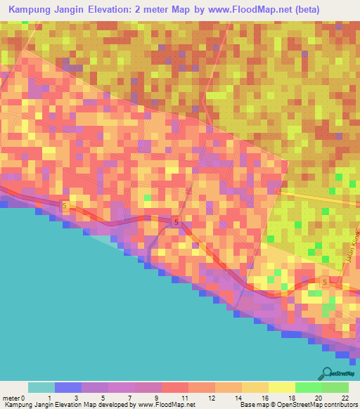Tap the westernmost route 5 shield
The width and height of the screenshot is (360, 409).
pos(65,205)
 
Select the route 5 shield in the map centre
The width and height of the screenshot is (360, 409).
pos(176,222)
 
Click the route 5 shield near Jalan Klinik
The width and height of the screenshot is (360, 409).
pos(324,282)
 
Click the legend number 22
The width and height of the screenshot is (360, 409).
pos(345,398)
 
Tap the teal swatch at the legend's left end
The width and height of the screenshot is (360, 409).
pos(41,387)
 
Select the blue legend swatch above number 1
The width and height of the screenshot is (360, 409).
pos(67,387)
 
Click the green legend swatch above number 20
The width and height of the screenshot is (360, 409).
pos(308,387)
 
